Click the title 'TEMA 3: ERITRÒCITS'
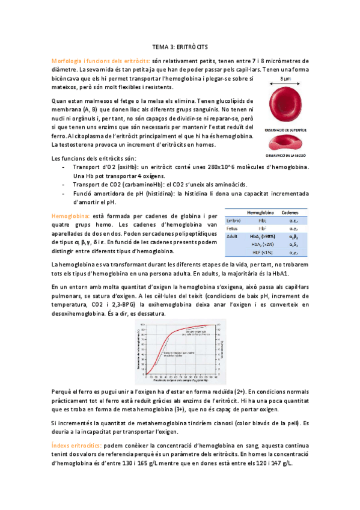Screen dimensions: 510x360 180,47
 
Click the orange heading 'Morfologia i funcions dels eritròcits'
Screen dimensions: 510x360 100,61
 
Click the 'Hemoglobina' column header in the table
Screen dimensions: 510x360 261,214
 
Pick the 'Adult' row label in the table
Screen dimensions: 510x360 231,237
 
